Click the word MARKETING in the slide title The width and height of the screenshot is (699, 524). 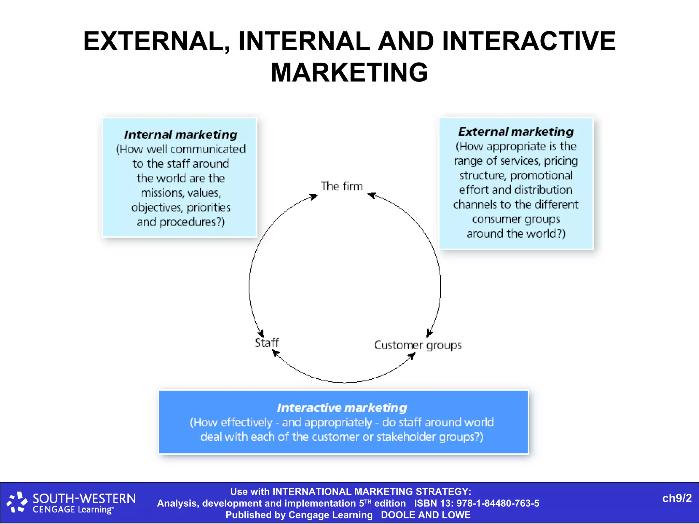(x=349, y=72)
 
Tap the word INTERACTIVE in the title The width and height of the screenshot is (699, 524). (x=529, y=41)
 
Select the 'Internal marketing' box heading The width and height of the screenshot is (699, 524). (x=181, y=135)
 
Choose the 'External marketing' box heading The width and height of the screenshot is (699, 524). (x=516, y=132)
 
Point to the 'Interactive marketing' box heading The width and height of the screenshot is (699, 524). (x=342, y=408)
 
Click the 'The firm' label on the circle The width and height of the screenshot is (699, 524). (x=341, y=186)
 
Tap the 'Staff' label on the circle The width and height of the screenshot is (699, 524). (x=267, y=343)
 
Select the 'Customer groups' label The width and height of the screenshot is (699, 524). (x=418, y=345)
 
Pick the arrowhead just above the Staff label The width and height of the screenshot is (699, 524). (x=261, y=333)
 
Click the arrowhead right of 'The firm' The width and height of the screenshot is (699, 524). (x=371, y=195)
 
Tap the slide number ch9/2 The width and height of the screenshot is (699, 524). (x=677, y=498)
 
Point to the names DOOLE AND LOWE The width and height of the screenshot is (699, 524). (x=426, y=515)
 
